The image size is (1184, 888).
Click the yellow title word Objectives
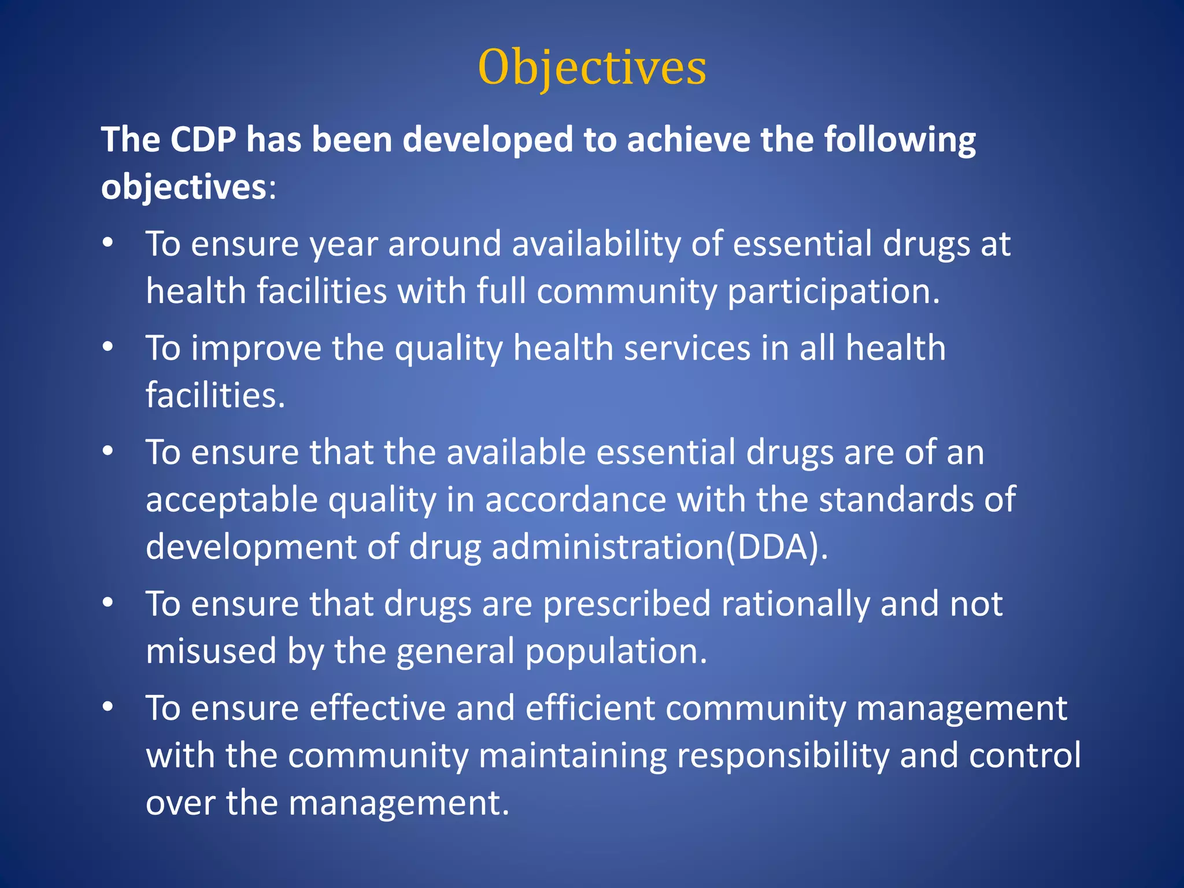coord(592,68)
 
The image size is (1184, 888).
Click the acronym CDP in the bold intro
coord(203,140)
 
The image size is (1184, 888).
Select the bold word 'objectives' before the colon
coord(184,188)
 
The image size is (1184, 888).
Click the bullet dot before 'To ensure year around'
coord(108,243)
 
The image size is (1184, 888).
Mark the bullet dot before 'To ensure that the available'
coord(108,452)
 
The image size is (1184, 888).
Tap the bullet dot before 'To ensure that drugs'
coord(108,604)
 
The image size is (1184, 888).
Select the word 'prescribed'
coord(627,605)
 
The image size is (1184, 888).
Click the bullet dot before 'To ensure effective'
coord(108,708)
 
